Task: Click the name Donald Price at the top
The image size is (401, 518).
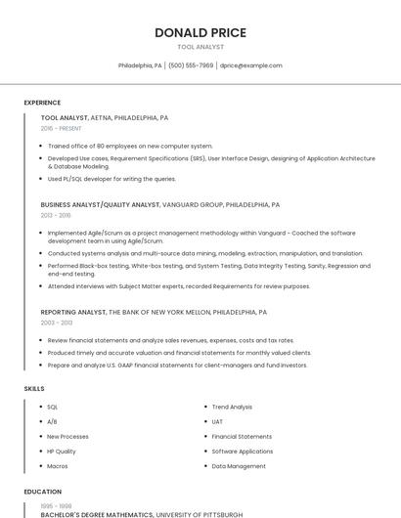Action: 200,32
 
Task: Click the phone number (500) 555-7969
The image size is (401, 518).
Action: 191,65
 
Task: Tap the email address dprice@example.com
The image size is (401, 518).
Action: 250,65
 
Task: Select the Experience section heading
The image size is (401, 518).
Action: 42,102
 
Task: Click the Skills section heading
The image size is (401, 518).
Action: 34,388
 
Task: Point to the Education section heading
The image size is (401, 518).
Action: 42,492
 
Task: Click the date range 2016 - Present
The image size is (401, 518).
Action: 62,128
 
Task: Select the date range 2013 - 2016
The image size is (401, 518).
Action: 56,215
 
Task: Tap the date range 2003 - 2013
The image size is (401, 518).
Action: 57,322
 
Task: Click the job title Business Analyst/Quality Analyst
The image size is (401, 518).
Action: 101,205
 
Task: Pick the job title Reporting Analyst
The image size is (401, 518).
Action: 73,312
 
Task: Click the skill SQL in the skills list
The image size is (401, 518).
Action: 53,407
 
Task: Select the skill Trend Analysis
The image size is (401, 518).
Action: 232,407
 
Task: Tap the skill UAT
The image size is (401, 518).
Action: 218,421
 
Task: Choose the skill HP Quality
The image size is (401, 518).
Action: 62,452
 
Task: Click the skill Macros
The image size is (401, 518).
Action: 57,466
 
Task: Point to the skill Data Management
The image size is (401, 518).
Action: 239,466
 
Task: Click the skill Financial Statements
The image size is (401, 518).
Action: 242,436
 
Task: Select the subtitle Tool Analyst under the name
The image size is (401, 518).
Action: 200,47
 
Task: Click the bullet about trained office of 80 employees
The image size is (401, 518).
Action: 130,146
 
